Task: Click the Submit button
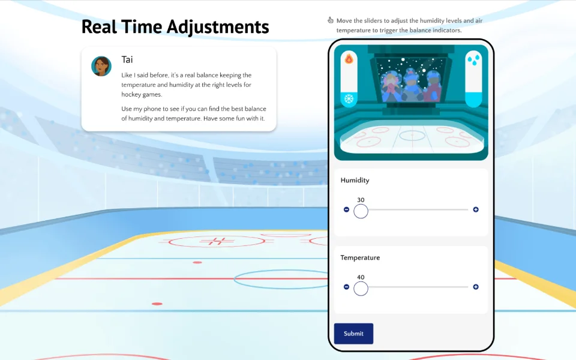(353, 334)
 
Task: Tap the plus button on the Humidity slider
(476, 209)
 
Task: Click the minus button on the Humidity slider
(346, 209)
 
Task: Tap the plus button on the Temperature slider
(476, 287)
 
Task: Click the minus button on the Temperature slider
(346, 287)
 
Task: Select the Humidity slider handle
(361, 211)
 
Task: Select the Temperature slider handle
(361, 289)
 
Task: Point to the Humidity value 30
(361, 200)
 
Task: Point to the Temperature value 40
(361, 277)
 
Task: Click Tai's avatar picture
(101, 66)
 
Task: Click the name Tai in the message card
(127, 59)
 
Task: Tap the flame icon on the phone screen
(349, 58)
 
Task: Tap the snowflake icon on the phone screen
(349, 99)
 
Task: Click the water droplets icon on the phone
(474, 60)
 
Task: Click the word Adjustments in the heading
(218, 27)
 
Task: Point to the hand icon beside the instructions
(330, 20)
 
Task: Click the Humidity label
(355, 181)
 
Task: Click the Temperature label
(360, 258)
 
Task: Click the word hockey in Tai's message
(131, 94)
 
